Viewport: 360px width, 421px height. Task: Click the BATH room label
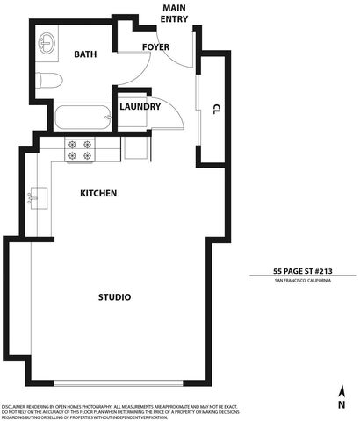85,54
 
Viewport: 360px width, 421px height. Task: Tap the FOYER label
156,46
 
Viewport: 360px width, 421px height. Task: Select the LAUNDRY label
140,107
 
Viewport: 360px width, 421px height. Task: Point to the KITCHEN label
98,193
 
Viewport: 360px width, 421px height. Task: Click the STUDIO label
114,297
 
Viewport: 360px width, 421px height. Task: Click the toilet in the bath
50,82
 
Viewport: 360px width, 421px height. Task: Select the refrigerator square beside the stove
135,147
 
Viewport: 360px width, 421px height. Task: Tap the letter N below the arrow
341,405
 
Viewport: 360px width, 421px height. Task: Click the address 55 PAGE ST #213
303,271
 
